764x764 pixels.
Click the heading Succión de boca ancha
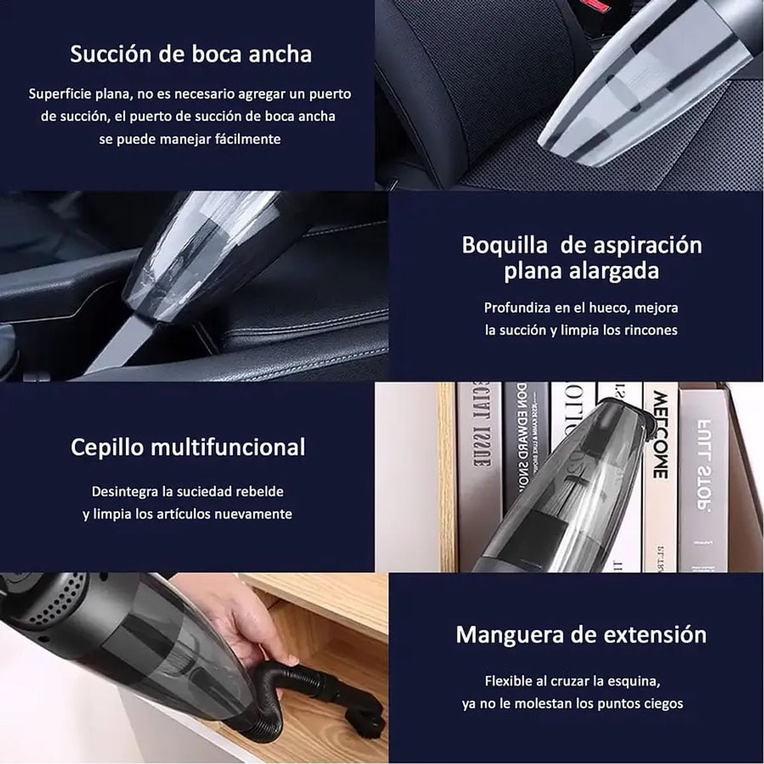[191, 54]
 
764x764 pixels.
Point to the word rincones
[647, 330]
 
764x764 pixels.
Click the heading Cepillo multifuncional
[188, 447]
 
